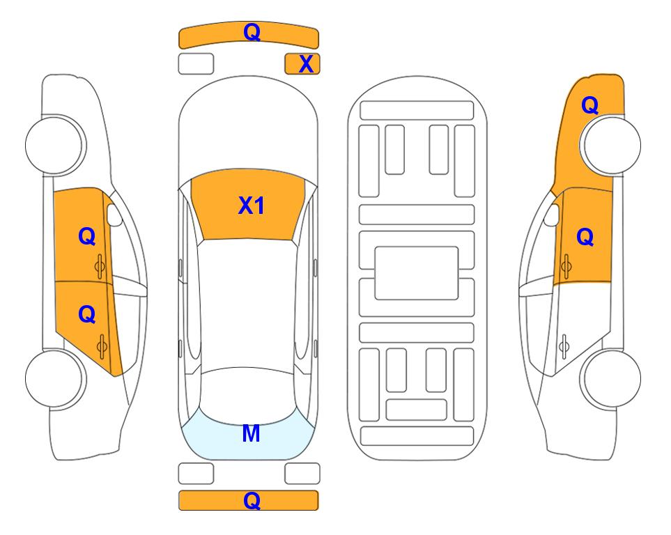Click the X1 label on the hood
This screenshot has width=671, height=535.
pyautogui.click(x=252, y=206)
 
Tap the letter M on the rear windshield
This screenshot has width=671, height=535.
pyautogui.click(x=251, y=433)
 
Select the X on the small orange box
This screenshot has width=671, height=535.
pyautogui.click(x=306, y=64)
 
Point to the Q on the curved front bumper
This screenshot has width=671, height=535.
pyautogui.click(x=252, y=32)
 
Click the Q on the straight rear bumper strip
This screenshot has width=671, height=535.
pyautogui.click(x=252, y=500)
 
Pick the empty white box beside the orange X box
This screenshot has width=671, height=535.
pyautogui.click(x=196, y=64)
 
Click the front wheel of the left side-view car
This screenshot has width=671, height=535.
pyautogui.click(x=54, y=145)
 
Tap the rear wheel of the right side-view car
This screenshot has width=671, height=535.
pyautogui.click(x=611, y=378)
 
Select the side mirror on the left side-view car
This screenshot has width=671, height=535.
pyautogui.click(x=114, y=215)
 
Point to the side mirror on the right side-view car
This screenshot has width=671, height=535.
pyautogui.click(x=552, y=215)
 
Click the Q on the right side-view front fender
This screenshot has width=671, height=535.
pyautogui.click(x=589, y=105)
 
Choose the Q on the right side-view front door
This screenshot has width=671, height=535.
pyautogui.click(x=585, y=237)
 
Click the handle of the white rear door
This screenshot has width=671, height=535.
pyautogui.click(x=564, y=346)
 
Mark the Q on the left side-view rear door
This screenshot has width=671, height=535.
pyautogui.click(x=87, y=315)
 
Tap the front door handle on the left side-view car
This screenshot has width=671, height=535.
pyautogui.click(x=100, y=266)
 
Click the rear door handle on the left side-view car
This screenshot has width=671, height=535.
pyautogui.click(x=102, y=347)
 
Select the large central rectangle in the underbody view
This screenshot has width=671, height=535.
pyautogui.click(x=417, y=273)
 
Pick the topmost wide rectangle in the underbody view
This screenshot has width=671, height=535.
pyautogui.click(x=417, y=111)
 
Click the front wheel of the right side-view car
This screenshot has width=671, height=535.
pyautogui.click(x=611, y=145)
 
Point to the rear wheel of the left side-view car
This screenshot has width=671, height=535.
pyautogui.click(x=54, y=378)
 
